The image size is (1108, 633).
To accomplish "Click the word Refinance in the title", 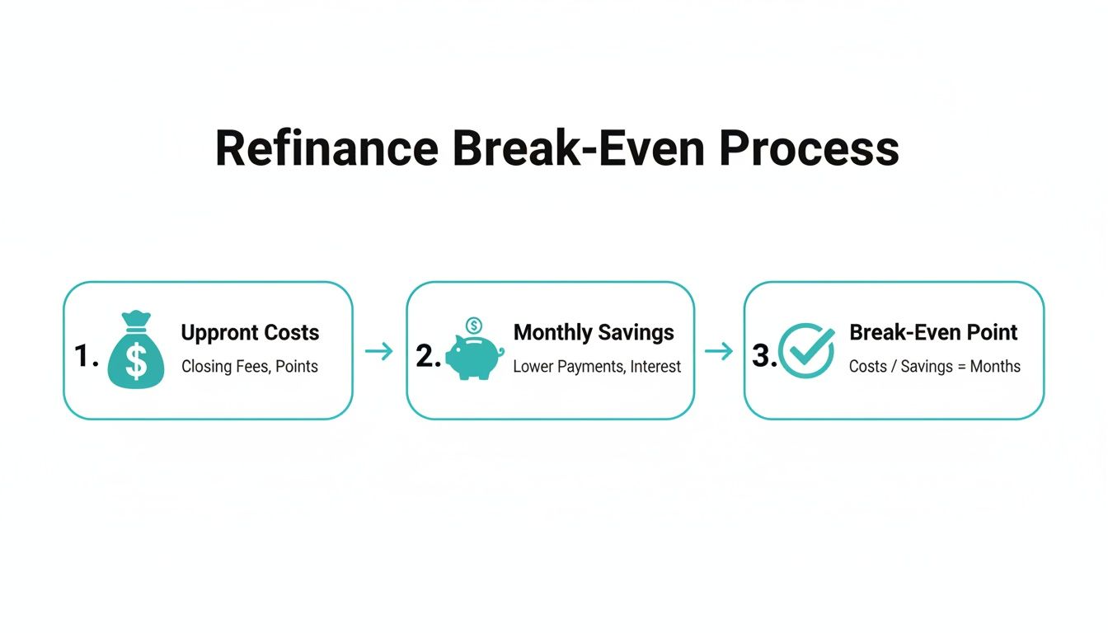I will click(326, 149).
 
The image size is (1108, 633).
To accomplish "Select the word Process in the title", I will click(808, 149).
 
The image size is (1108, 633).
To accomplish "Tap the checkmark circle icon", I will click(806, 351).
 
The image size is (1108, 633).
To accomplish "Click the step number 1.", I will click(86, 355).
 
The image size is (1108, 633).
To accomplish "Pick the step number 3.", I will click(764, 355).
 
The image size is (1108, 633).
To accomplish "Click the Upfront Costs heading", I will click(250, 333).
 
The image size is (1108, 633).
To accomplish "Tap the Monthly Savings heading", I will click(594, 332).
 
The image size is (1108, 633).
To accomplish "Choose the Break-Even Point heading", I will click(933, 332).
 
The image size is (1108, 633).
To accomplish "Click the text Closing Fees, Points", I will click(250, 367).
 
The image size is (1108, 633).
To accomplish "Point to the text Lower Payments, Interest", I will click(597, 367).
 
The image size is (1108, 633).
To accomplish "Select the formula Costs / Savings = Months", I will click(935, 367).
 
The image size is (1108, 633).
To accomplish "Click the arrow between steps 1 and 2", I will click(379, 352).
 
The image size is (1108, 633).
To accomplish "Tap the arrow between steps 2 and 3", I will click(719, 352).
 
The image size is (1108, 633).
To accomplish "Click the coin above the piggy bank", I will click(474, 326).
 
